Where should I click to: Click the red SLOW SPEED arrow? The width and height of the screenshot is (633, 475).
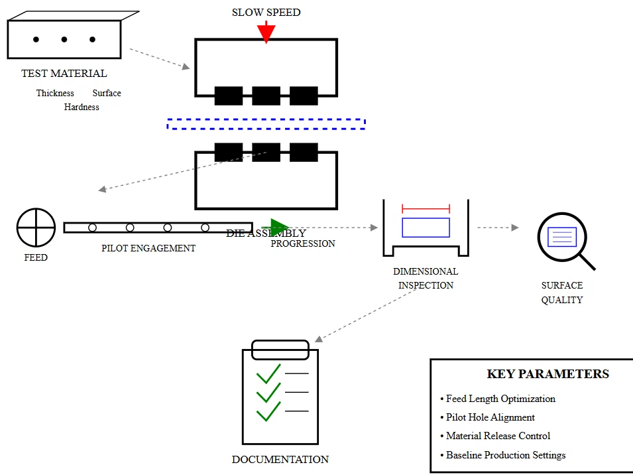266,32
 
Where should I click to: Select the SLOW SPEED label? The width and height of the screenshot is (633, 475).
266,12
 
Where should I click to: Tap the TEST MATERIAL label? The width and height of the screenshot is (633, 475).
64,74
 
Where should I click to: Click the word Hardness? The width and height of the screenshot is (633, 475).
82,107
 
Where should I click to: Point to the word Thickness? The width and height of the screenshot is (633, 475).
55,94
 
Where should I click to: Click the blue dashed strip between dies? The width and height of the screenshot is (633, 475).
266,123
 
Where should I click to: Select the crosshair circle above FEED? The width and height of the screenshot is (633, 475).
36,227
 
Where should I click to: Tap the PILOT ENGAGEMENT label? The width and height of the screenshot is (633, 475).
148,248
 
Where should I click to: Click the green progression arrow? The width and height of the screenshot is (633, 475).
278,228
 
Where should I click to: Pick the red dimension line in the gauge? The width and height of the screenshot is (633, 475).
426,208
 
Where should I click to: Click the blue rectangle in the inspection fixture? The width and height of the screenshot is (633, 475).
426,227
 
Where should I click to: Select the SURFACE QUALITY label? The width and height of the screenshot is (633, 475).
562,293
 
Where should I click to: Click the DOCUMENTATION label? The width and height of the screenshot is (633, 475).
280,459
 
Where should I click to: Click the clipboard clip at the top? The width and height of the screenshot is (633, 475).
280,350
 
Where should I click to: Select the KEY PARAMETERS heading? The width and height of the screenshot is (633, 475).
547,373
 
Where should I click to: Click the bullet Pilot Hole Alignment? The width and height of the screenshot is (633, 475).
490,417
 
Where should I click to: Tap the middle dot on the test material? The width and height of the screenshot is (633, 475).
64,40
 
